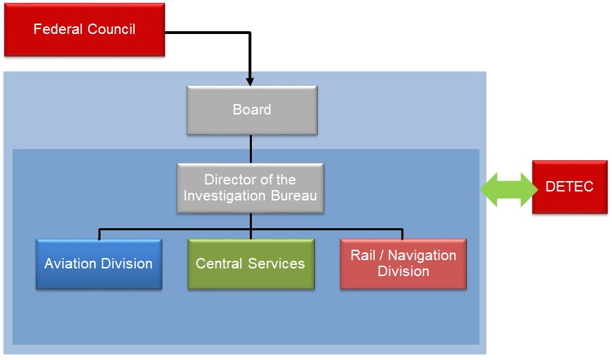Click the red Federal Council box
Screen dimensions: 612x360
click(x=85, y=30)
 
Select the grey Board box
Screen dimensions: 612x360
click(x=252, y=110)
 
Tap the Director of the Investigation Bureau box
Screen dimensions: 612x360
click(x=250, y=188)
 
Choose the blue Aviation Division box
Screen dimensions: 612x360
click(x=99, y=264)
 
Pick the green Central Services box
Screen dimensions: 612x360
click(x=251, y=264)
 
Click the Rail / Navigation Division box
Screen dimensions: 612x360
click(x=403, y=264)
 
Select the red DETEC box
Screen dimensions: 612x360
click(x=570, y=187)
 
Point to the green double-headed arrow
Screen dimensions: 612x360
click(x=508, y=189)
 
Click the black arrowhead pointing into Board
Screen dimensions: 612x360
click(x=250, y=81)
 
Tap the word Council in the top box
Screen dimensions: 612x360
click(x=111, y=29)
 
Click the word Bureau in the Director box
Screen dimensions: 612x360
click(x=294, y=196)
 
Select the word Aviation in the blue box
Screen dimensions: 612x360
click(x=68, y=264)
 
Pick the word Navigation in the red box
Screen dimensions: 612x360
click(x=422, y=255)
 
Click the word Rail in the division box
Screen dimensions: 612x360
click(x=363, y=255)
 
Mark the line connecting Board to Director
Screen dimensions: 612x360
click(x=250, y=149)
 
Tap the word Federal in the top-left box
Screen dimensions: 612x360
click(x=58, y=29)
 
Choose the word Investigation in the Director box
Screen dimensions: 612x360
click(x=225, y=196)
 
